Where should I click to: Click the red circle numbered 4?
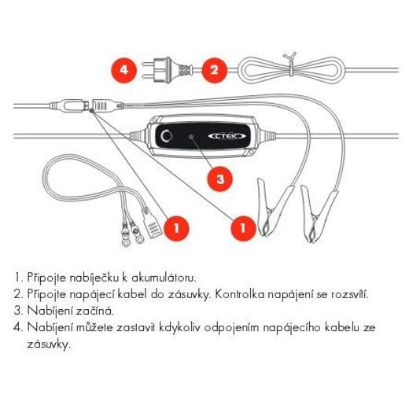[123, 68]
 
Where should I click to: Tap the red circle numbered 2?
[212, 68]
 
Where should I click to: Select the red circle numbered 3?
[220, 179]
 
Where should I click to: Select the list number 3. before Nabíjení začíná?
[18, 311]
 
